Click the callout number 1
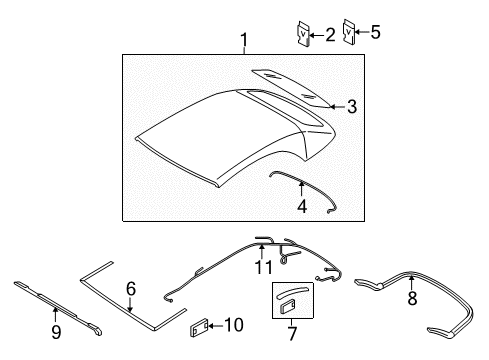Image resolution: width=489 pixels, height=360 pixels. (x=244, y=40)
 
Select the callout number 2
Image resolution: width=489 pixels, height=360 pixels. (x=330, y=35)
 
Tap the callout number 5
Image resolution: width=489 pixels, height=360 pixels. (x=375, y=32)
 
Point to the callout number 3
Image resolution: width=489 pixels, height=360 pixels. (x=352, y=107)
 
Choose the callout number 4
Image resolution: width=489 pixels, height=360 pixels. (x=302, y=206)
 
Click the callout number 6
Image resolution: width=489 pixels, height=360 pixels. (x=131, y=289)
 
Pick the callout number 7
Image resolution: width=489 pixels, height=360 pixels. (x=292, y=334)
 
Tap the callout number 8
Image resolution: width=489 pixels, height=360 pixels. (x=412, y=298)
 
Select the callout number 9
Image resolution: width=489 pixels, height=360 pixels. (x=56, y=332)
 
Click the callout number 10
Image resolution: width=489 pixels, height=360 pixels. (x=234, y=325)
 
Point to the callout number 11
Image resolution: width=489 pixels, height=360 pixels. (x=263, y=267)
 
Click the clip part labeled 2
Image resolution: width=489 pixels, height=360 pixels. (x=304, y=33)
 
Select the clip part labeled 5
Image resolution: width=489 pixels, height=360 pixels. (x=349, y=31)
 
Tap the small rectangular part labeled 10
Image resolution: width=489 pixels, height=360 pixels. (x=199, y=328)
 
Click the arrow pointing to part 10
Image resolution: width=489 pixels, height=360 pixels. (x=216, y=326)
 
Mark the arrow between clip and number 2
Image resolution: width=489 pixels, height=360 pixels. (x=317, y=35)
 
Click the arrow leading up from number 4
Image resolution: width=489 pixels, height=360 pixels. (x=302, y=189)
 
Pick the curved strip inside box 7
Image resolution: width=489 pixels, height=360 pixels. (x=291, y=292)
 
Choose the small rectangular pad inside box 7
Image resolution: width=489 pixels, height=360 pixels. (x=287, y=306)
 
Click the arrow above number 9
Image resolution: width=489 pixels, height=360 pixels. (x=56, y=316)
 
